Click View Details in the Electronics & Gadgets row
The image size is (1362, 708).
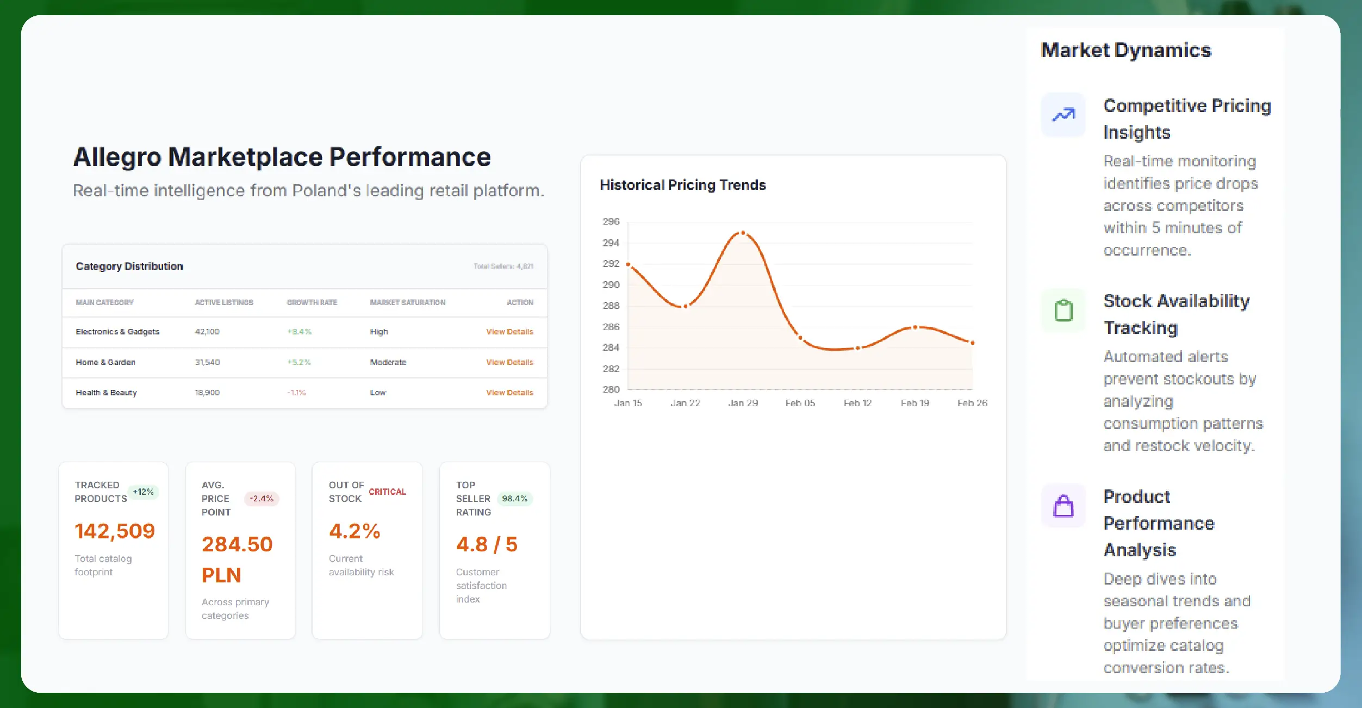(x=509, y=332)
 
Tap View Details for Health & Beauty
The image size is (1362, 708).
(x=509, y=393)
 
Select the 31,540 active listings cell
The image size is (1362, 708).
(x=207, y=362)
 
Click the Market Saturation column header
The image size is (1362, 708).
(x=407, y=302)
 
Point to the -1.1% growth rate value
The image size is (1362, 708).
(x=297, y=393)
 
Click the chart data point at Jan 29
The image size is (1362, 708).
(x=743, y=233)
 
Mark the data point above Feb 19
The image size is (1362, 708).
(x=915, y=327)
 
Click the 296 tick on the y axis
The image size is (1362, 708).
(x=611, y=221)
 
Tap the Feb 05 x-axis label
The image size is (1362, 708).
(x=800, y=403)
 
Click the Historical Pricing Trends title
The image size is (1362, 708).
(x=682, y=185)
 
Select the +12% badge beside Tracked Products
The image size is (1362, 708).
(x=143, y=492)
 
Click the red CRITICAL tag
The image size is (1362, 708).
(x=387, y=492)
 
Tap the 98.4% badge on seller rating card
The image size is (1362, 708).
(x=514, y=499)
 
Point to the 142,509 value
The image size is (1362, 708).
(x=115, y=531)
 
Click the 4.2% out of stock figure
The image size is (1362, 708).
(x=355, y=531)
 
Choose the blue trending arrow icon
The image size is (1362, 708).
(x=1063, y=115)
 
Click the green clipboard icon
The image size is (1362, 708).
(x=1063, y=310)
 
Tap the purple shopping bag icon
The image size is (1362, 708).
(x=1063, y=506)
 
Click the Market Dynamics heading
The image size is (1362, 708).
(x=1125, y=50)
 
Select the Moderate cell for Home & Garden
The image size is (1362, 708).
(x=388, y=362)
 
